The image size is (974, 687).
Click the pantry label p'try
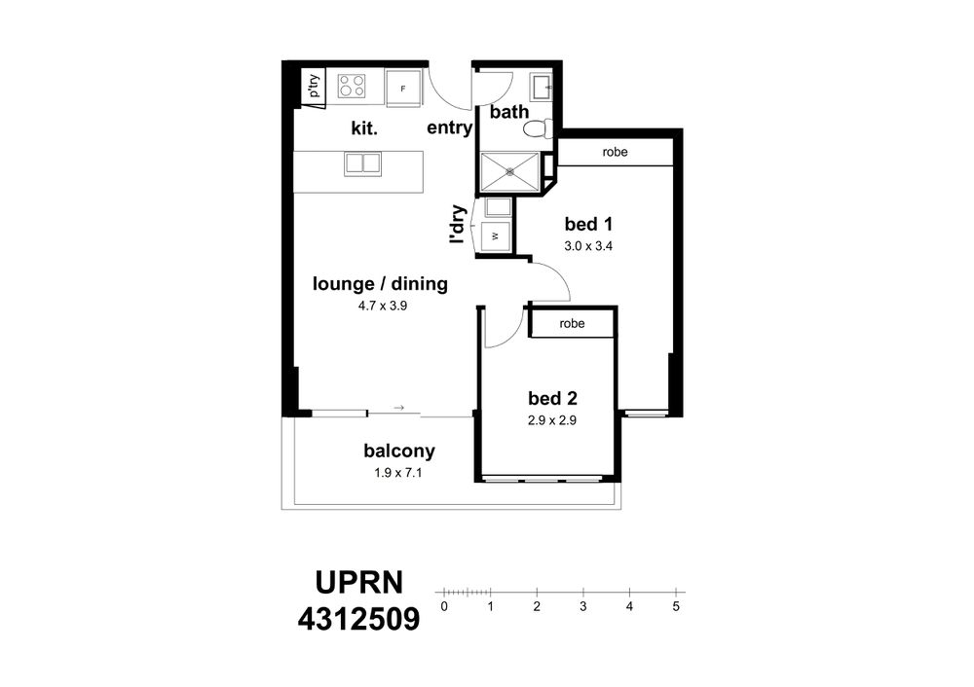tap(315, 86)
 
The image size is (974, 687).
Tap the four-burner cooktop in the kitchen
tap(352, 87)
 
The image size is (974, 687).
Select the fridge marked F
tap(402, 89)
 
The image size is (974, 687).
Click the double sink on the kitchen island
tap(362, 164)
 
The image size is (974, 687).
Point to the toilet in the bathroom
tap(538, 129)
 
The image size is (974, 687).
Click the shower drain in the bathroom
tap(510, 170)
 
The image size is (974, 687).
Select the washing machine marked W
tap(497, 235)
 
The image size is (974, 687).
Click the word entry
tap(450, 127)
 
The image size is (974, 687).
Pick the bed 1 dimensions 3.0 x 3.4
tap(588, 246)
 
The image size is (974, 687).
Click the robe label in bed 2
tap(572, 323)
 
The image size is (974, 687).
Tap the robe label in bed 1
tap(615, 152)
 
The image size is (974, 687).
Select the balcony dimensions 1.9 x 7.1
tap(398, 473)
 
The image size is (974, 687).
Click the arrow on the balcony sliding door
tap(398, 408)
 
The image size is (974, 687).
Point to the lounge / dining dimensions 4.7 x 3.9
tap(382, 306)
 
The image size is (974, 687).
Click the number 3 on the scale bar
tap(582, 606)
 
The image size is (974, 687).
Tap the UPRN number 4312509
tap(359, 619)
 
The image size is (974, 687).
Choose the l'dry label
tap(457, 224)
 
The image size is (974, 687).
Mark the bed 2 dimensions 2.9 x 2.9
tap(552, 420)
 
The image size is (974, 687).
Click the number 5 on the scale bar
tap(676, 606)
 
